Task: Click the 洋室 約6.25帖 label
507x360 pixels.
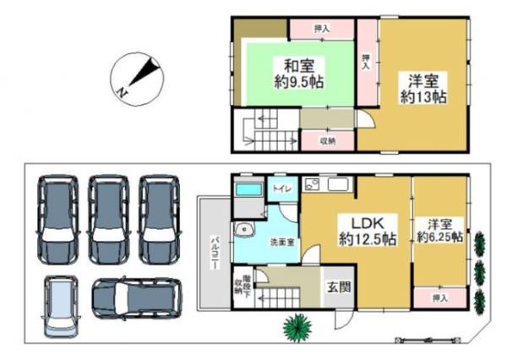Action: point(439,231)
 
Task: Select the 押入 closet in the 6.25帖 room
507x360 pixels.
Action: point(438,297)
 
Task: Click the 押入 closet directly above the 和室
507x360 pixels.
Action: point(321,29)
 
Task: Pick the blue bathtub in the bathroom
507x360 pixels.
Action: point(248,190)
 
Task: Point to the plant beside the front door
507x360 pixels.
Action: point(297,325)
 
